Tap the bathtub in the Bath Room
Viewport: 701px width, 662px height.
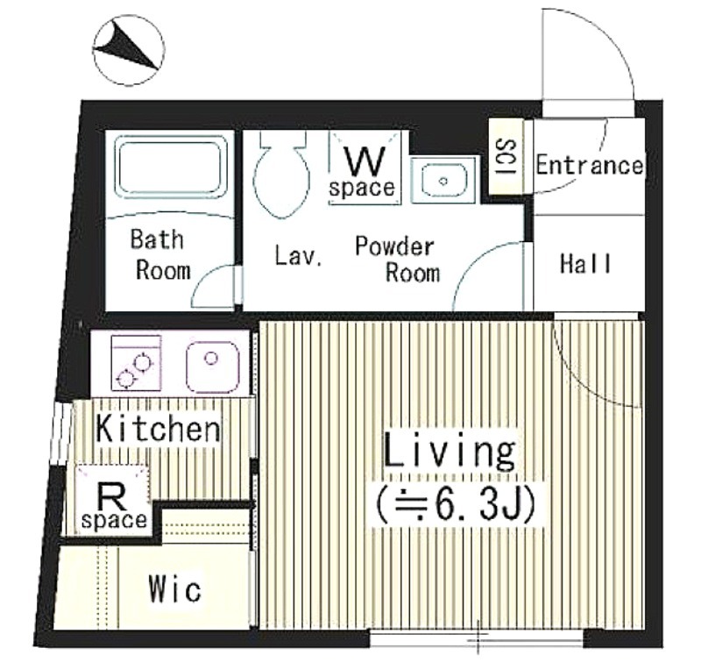pos(169,167)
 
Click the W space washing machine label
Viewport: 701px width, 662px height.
pos(363,173)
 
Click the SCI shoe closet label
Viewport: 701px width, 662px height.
pos(507,157)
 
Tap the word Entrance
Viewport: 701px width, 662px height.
pos(590,166)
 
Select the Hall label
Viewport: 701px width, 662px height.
pos(585,263)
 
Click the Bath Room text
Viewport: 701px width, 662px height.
pos(160,255)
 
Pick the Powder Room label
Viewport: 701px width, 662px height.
pos(397,260)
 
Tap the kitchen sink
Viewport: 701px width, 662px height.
pos(213,367)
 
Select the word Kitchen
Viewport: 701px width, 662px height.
pos(159,429)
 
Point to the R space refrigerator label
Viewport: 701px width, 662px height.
pos(115,507)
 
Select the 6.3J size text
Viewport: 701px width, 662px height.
pos(455,505)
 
